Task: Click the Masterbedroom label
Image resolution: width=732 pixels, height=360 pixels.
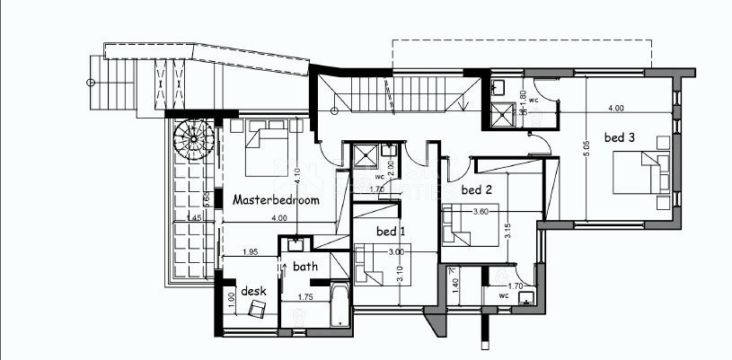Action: pyautogui.click(x=276, y=200)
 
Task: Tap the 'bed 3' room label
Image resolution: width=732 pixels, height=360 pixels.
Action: pyautogui.click(x=619, y=137)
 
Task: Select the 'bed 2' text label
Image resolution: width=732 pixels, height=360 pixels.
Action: pyautogui.click(x=477, y=189)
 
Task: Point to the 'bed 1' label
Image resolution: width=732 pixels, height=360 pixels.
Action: pyautogui.click(x=391, y=232)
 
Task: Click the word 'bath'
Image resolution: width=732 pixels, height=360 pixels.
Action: pyautogui.click(x=305, y=266)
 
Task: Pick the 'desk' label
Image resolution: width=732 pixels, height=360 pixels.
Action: pyautogui.click(x=253, y=292)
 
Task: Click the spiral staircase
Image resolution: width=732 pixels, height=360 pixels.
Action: pyautogui.click(x=192, y=141)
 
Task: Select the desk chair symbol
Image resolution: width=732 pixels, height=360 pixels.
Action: pyautogui.click(x=258, y=308)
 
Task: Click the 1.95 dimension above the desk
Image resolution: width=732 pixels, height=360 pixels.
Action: pyautogui.click(x=251, y=252)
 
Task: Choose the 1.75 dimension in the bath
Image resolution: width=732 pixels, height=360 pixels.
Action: pyautogui.click(x=304, y=295)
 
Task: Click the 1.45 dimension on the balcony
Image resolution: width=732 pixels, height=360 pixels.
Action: pyautogui.click(x=194, y=217)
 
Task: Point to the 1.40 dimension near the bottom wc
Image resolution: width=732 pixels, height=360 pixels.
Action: pyautogui.click(x=455, y=287)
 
